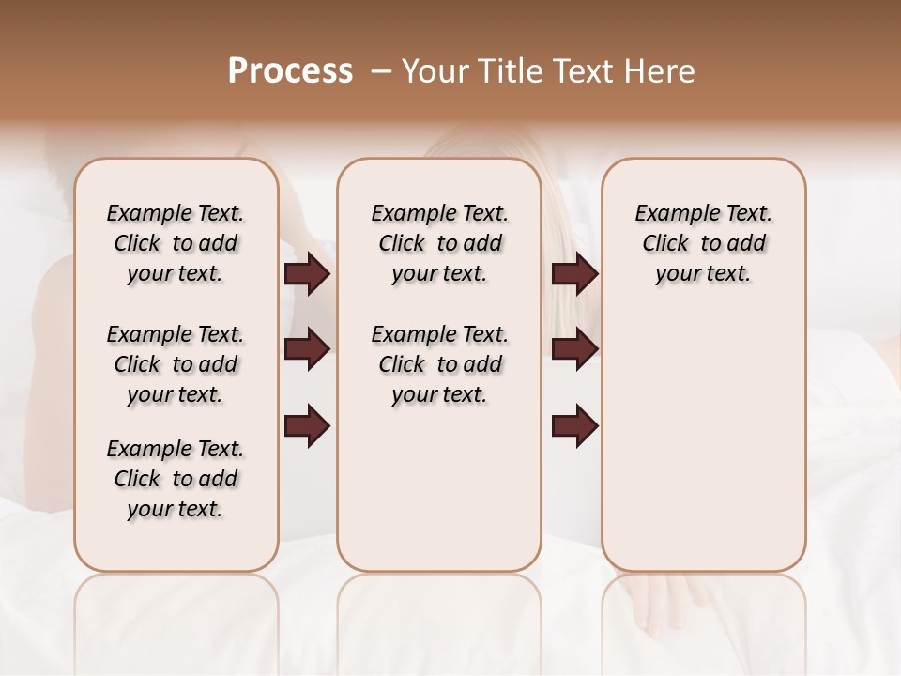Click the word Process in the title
290,71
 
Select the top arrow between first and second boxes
307,273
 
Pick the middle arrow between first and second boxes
307,349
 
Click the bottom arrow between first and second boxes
307,425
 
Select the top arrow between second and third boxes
574,273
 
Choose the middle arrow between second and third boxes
574,349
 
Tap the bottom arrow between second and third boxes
574,425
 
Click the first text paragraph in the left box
176,243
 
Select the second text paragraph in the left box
176,364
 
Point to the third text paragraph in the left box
176,479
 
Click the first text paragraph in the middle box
439,243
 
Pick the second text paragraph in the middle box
439,364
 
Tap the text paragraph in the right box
703,243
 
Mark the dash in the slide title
381,71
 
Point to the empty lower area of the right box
703,441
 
